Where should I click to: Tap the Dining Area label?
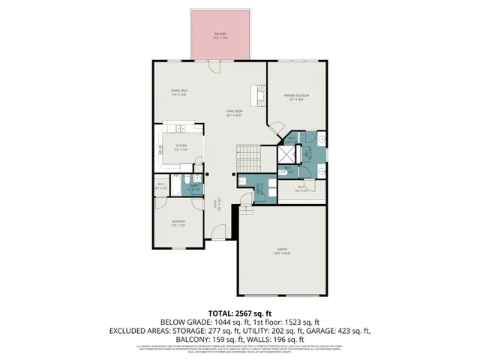click(x=179, y=92)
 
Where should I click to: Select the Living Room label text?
click(x=235, y=113)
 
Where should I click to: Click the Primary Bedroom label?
click(x=296, y=96)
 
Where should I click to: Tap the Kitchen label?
click(x=181, y=146)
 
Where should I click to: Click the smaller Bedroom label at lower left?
click(x=178, y=222)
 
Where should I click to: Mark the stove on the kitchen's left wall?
click(x=159, y=151)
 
